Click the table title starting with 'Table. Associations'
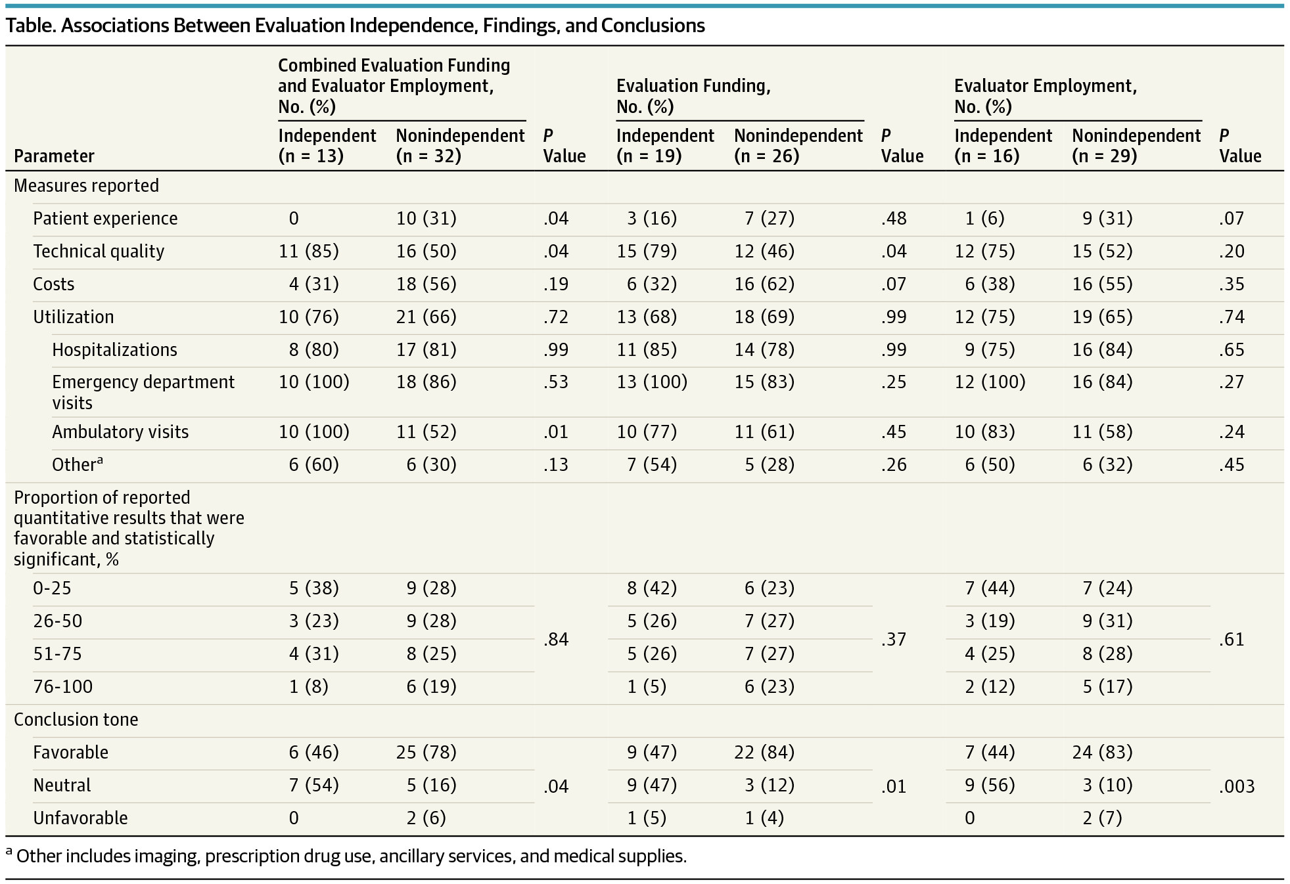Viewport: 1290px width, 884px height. coord(355,26)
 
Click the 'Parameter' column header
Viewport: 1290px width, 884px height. coord(54,156)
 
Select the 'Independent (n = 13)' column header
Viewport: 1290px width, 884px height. coord(327,145)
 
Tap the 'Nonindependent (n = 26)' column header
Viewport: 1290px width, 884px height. coord(798,145)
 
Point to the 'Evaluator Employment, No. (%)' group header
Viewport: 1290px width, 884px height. coord(1045,96)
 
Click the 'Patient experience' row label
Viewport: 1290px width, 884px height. coord(105,218)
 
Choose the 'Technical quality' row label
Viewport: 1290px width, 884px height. coord(99,251)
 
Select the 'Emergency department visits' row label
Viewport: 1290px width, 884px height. coord(143,392)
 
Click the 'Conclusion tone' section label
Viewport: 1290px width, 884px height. coord(76,719)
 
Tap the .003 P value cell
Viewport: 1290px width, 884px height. coord(1236,785)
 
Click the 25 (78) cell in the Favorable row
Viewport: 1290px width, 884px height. coord(426,752)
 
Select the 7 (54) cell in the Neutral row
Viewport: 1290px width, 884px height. coord(313,785)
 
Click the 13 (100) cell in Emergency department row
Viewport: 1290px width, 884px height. coord(651,382)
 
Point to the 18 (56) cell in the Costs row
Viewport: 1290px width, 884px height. coord(426,284)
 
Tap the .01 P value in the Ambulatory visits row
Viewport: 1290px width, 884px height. coord(556,431)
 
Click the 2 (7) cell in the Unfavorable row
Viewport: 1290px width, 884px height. coord(1102,818)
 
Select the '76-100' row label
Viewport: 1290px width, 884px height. coord(62,686)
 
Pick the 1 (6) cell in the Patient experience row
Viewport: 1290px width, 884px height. coord(984,218)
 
